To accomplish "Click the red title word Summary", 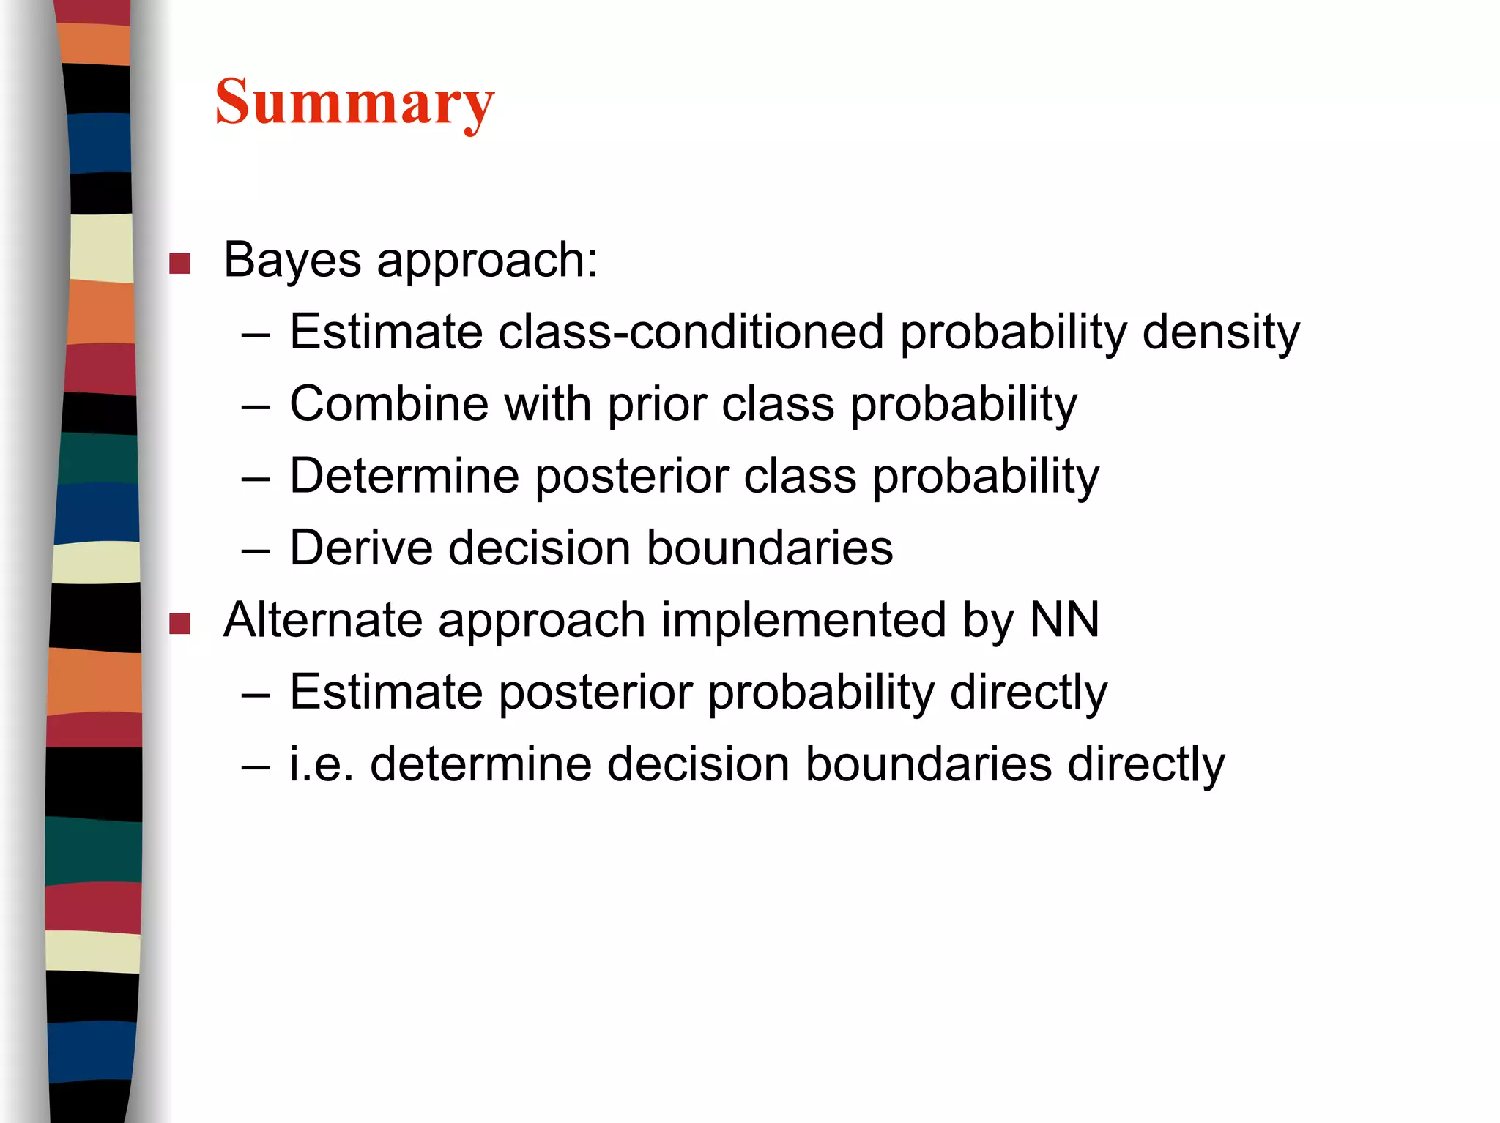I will (354, 102).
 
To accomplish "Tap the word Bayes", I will (292, 260).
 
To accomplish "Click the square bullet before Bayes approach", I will (179, 264).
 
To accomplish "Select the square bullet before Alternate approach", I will (179, 624).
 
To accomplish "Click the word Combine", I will (389, 403).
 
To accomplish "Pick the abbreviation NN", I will (1064, 620).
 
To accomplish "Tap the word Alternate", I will (323, 620).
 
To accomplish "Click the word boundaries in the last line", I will (928, 764).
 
